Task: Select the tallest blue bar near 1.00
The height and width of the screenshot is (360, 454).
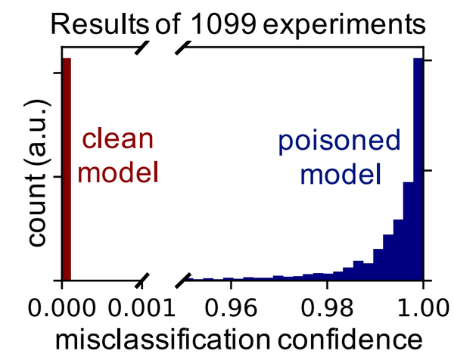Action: click(x=417, y=170)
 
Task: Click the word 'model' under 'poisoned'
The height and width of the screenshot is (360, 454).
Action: click(x=338, y=175)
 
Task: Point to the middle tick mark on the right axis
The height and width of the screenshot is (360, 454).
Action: click(x=425, y=172)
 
